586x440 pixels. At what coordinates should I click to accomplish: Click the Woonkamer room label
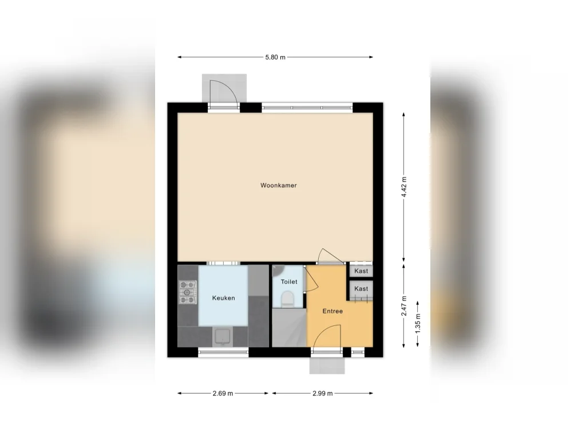(279, 185)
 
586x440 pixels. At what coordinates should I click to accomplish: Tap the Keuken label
(224, 298)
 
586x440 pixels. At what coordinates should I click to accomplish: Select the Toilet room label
(289, 282)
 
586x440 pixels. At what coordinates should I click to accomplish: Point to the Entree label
(332, 311)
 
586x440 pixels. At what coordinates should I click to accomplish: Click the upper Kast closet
(361, 271)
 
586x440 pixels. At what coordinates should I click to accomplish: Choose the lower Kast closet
(361, 289)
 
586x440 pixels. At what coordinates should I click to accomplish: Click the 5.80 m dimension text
(275, 57)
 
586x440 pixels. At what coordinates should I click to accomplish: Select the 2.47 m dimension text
(403, 306)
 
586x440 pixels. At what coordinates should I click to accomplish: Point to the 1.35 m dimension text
(418, 324)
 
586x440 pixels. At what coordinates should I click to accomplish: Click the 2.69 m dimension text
(223, 393)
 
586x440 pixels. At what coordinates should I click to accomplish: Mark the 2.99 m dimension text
(323, 393)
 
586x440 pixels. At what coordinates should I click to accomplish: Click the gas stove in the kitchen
(188, 292)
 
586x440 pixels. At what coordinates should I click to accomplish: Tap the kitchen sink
(223, 337)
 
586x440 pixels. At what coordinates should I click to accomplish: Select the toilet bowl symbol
(287, 299)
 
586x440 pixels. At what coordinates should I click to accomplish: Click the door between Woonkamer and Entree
(330, 256)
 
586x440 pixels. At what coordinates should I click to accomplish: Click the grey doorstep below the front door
(327, 365)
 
